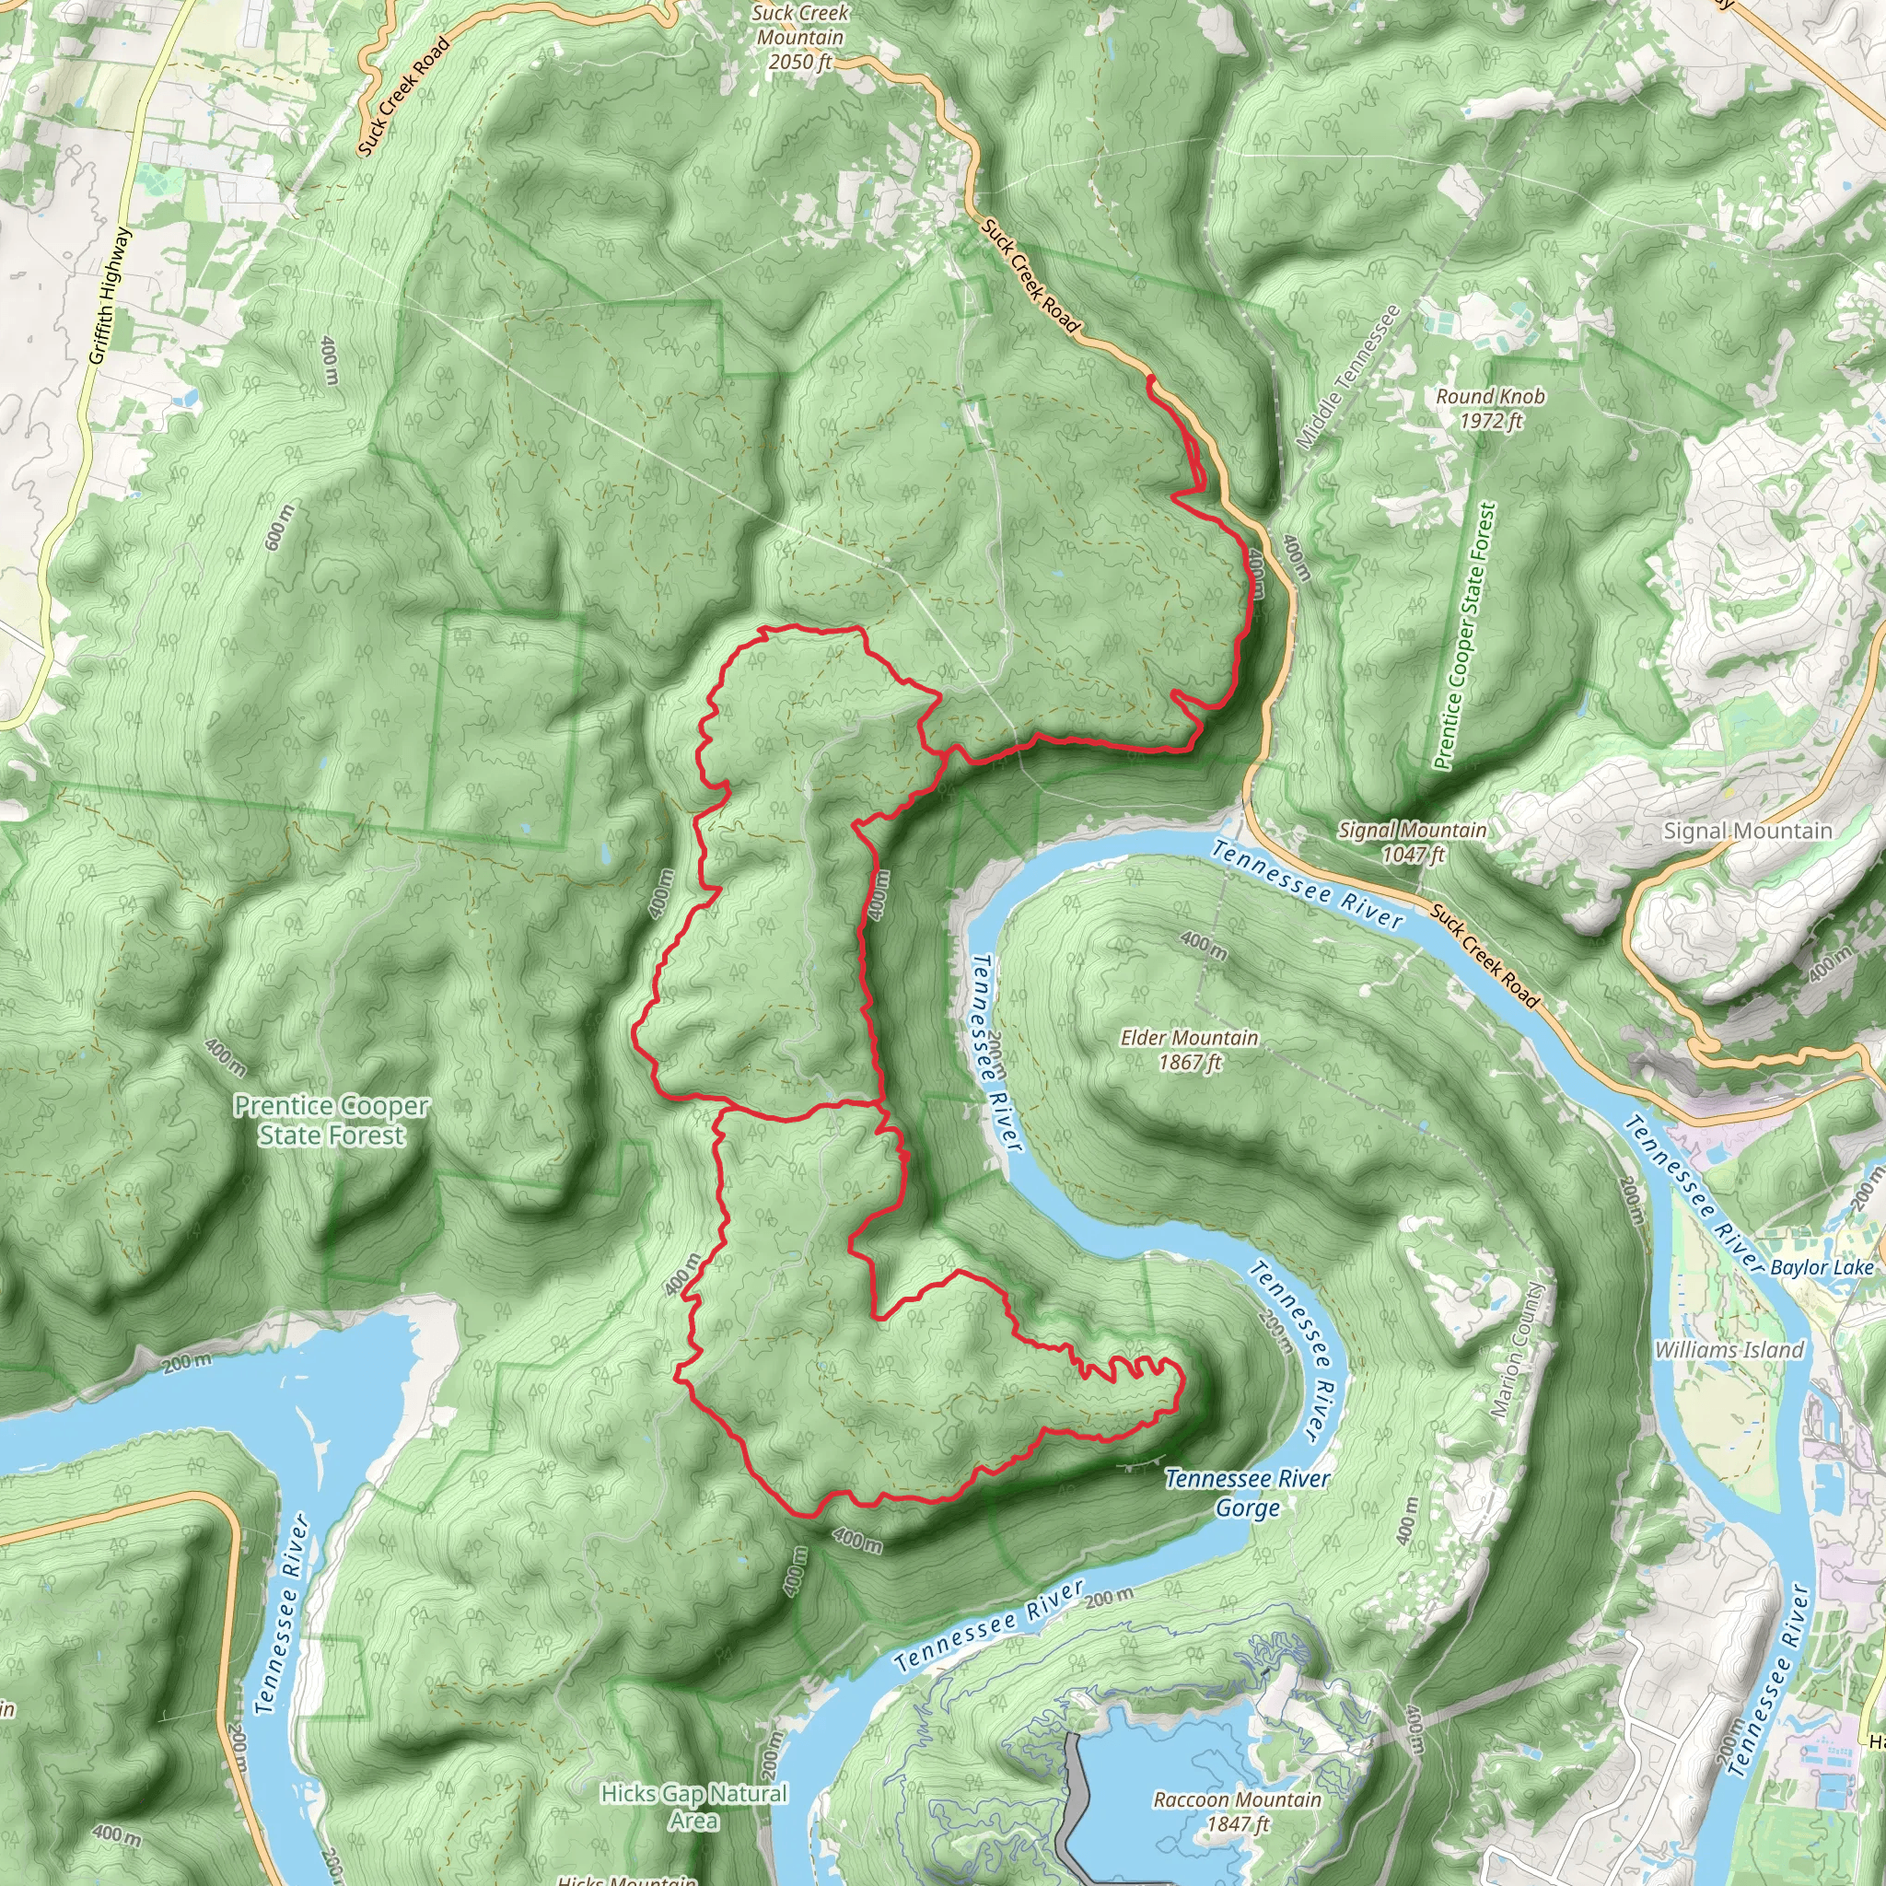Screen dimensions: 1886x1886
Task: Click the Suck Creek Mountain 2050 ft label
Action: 799,38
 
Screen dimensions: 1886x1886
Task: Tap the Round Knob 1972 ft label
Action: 1490,408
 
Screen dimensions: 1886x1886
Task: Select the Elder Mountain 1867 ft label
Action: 1188,1050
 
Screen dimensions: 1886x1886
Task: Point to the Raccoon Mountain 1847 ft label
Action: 1237,1810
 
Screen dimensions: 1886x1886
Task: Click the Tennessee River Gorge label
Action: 1247,1493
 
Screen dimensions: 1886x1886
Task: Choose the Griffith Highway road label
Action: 110,296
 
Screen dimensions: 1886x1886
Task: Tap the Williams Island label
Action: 1729,1349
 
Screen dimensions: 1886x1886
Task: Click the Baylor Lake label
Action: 1822,1267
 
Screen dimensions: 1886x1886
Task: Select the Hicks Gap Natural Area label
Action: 694,1806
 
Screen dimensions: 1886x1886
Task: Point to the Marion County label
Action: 1519,1350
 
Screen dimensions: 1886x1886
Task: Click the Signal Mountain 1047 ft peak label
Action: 1413,842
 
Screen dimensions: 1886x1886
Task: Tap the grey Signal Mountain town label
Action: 1747,831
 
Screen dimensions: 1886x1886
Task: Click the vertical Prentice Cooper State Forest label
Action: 1461,636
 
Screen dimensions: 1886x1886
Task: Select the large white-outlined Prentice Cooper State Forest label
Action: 331,1120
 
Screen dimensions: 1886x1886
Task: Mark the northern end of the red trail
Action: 1151,377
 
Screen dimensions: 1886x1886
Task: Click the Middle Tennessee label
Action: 1348,377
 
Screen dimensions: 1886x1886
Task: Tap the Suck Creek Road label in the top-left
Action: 402,96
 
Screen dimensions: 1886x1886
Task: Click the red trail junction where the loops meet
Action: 881,1105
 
